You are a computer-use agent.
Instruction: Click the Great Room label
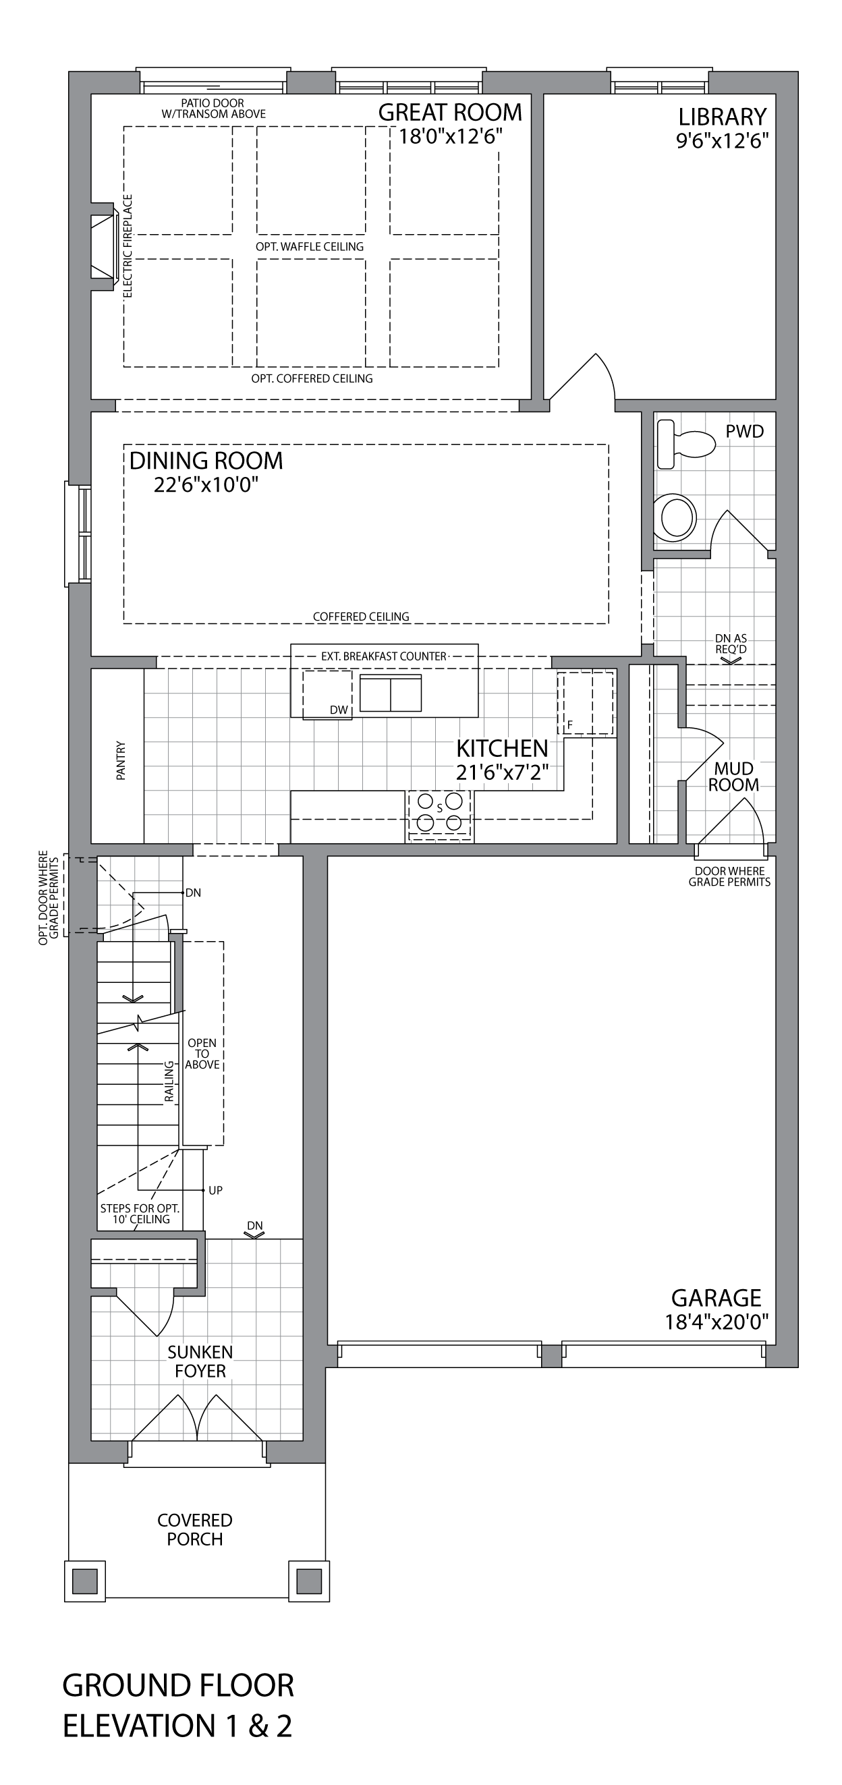pyautogui.click(x=450, y=112)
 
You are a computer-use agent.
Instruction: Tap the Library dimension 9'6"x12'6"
pyautogui.click(x=723, y=141)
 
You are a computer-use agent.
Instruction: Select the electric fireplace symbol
pyautogui.click(x=103, y=246)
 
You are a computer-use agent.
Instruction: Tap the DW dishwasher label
pyautogui.click(x=339, y=710)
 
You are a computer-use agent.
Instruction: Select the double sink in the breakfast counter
pyautogui.click(x=390, y=693)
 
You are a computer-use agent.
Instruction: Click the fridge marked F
pyautogui.click(x=586, y=702)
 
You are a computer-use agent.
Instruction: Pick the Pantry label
pyautogui.click(x=121, y=761)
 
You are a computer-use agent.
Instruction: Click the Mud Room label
pyautogui.click(x=733, y=776)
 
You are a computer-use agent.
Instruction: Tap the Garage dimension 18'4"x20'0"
pyautogui.click(x=717, y=1322)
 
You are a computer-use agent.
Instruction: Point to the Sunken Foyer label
pyautogui.click(x=200, y=1361)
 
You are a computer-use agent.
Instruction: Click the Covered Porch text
pyautogui.click(x=195, y=1529)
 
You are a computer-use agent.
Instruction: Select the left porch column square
pyautogui.click(x=84, y=1581)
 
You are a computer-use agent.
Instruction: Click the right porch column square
pyautogui.click(x=309, y=1581)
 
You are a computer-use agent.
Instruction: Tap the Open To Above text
pyautogui.click(x=202, y=1053)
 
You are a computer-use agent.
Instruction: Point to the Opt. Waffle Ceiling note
pyautogui.click(x=310, y=247)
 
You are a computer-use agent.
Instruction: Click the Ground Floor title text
pyautogui.click(x=178, y=1686)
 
